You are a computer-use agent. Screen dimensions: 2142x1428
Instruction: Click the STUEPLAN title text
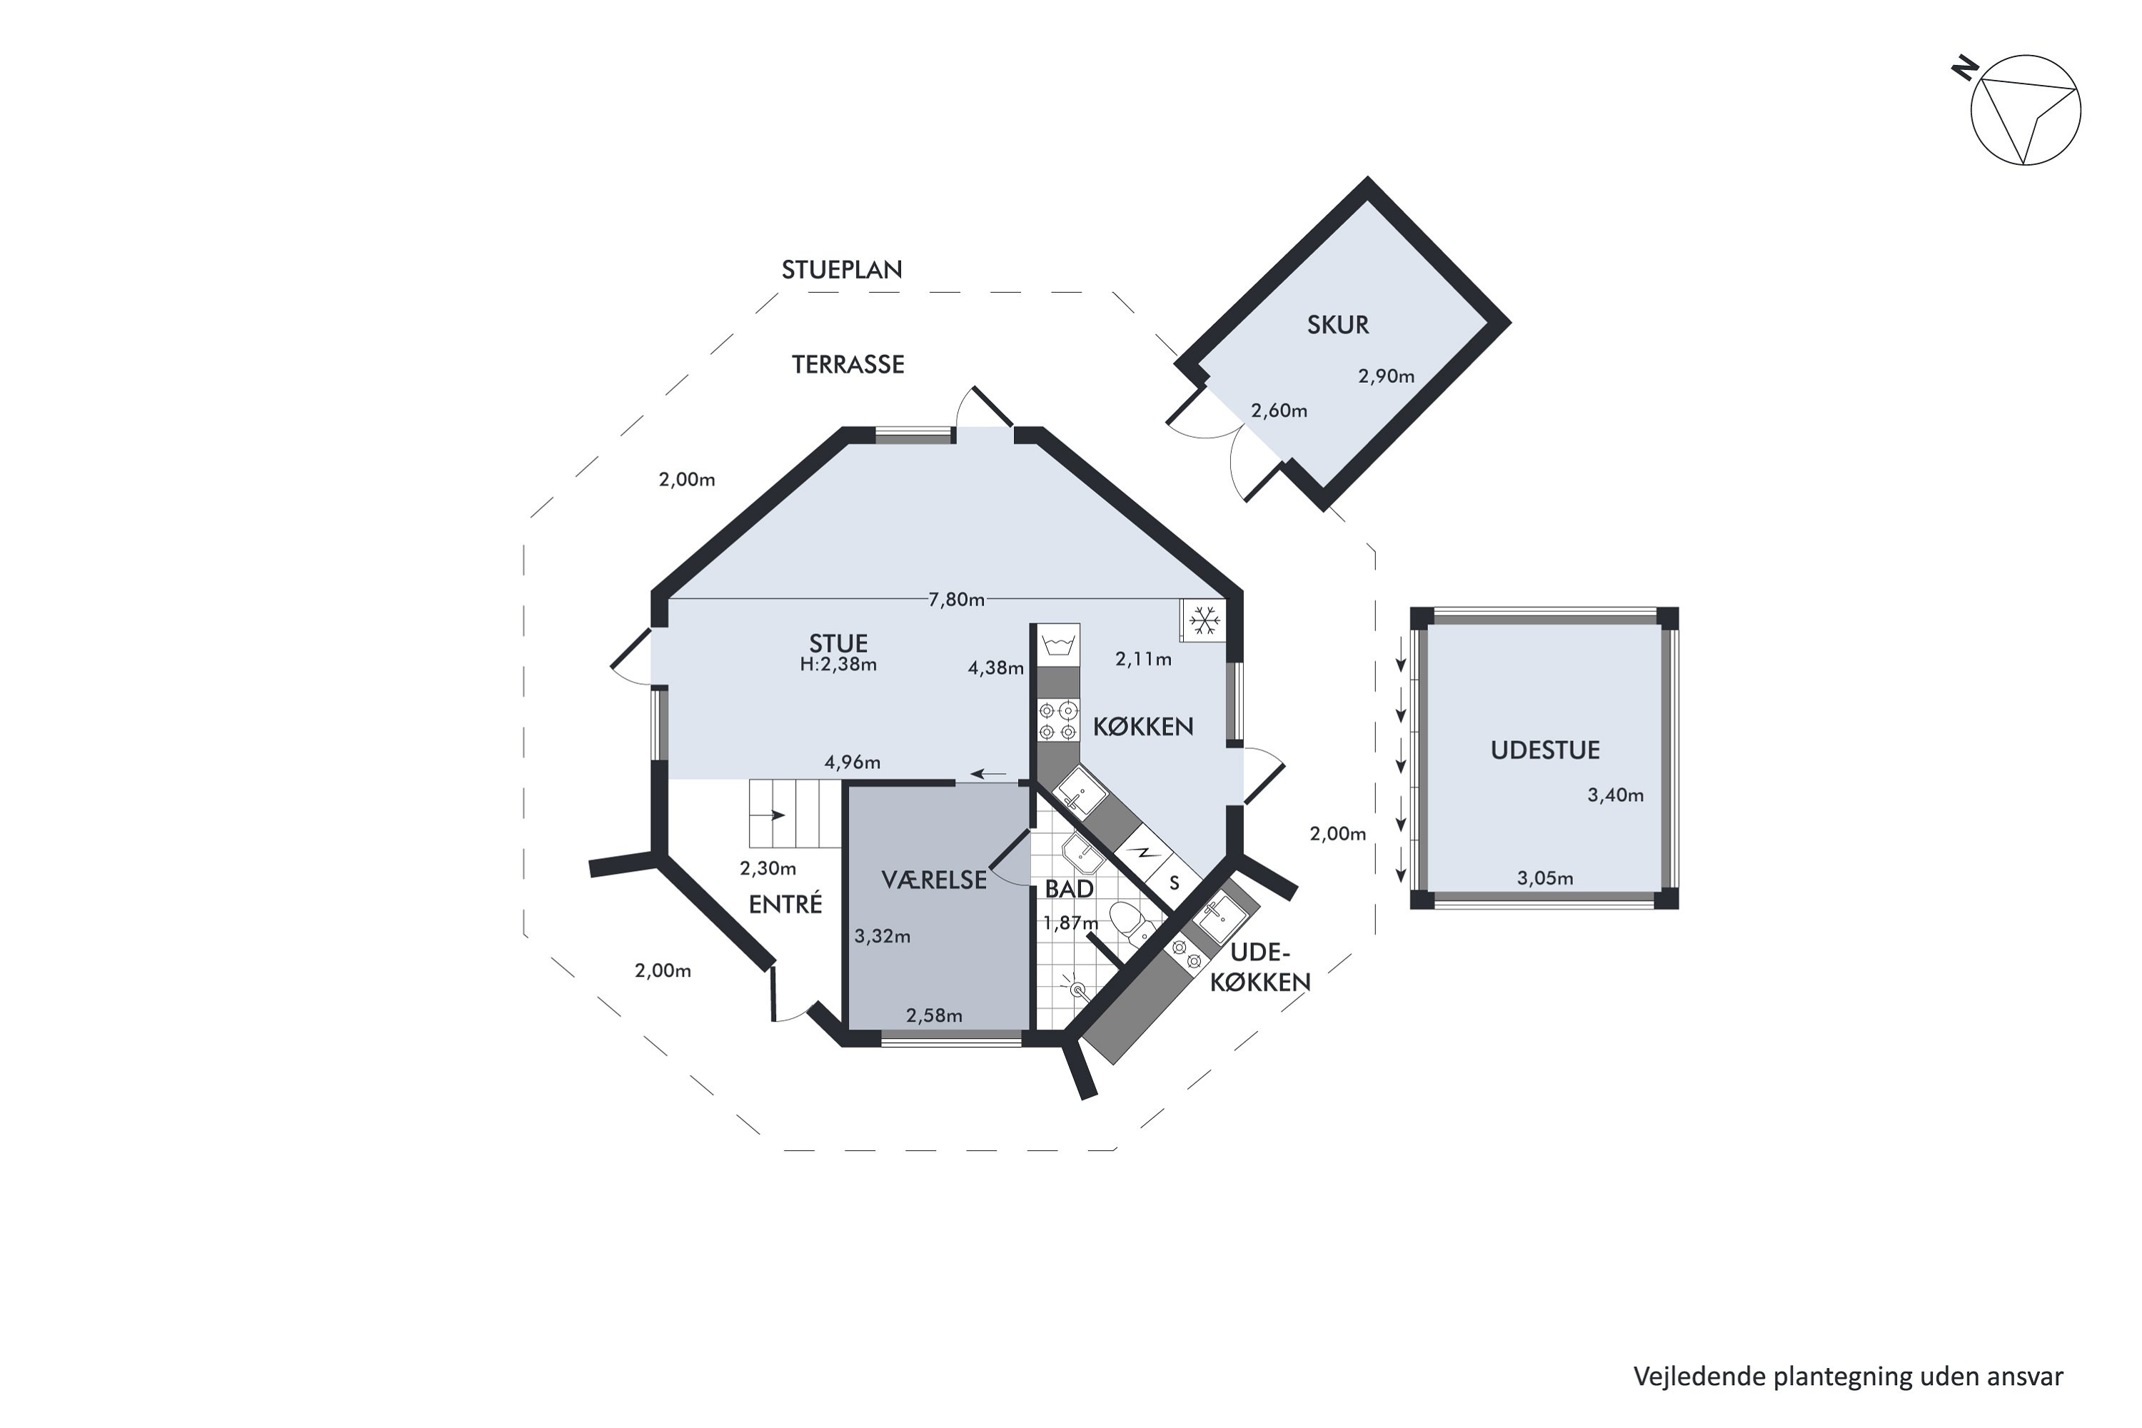[842, 270]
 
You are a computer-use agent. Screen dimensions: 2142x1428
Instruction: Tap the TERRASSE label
[848, 364]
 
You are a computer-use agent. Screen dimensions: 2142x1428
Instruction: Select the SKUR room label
[1338, 324]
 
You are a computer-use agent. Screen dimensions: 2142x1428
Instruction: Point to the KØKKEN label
[1143, 726]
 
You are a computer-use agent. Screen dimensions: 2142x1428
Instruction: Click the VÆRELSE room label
[935, 879]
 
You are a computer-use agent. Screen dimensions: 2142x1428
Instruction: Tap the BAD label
[1069, 888]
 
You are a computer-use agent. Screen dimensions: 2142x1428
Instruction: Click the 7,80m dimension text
[956, 599]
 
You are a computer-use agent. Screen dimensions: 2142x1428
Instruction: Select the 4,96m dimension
[853, 763]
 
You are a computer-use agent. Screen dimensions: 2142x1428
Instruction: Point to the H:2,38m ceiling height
[838, 664]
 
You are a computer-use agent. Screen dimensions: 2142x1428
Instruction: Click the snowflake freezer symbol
[1204, 620]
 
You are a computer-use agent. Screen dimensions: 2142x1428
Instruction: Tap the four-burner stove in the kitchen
[1058, 720]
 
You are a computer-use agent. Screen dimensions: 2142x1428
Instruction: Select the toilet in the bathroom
[1130, 922]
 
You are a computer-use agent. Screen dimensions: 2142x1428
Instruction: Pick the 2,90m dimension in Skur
[1386, 376]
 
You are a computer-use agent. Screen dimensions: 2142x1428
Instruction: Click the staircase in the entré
[794, 814]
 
